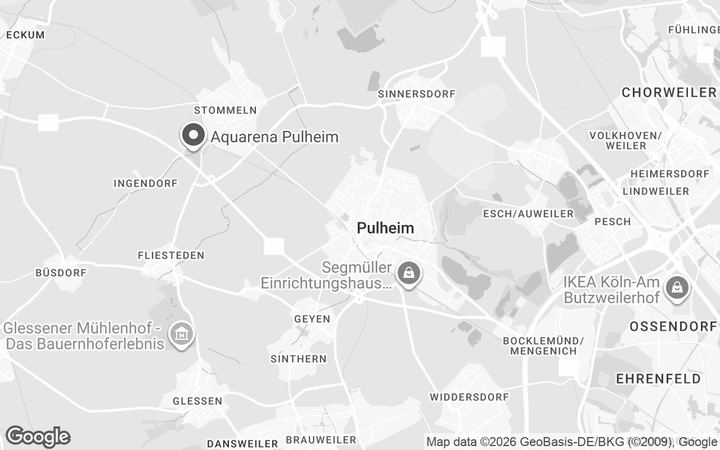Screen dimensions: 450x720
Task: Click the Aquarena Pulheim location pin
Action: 193,136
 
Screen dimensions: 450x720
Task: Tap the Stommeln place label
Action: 225,110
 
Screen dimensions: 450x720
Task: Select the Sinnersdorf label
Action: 416,94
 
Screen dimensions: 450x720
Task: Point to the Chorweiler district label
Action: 669,92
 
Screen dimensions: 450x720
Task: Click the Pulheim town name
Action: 385,228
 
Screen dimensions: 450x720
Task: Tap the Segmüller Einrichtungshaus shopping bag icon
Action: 408,273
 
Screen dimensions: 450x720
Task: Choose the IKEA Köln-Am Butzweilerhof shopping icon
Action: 677,287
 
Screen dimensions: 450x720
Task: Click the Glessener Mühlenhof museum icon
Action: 182,335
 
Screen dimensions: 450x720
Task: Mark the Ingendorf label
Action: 145,183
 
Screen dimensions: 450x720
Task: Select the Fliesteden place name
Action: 171,255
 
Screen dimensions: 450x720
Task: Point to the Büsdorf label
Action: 61,273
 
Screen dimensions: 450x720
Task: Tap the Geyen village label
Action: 312,319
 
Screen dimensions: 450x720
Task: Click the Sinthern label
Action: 298,359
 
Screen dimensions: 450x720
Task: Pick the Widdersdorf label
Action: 469,397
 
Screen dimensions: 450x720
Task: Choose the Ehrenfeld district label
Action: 659,379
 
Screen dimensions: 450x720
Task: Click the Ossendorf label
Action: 673,326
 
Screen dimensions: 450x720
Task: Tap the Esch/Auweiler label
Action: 528,214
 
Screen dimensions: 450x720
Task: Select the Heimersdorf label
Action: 669,174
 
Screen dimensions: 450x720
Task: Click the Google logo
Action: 38,436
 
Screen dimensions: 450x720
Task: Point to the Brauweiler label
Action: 321,440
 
